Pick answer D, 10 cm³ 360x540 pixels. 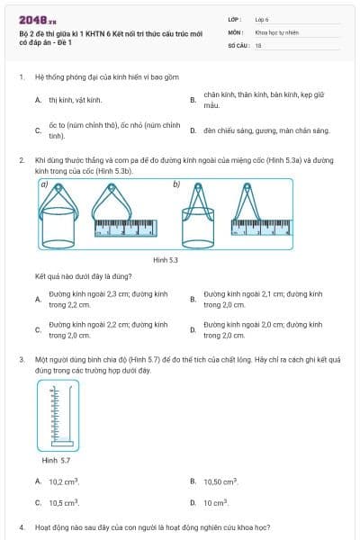pyautogui.click(x=217, y=502)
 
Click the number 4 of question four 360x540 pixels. pyautogui.click(x=21, y=526)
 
